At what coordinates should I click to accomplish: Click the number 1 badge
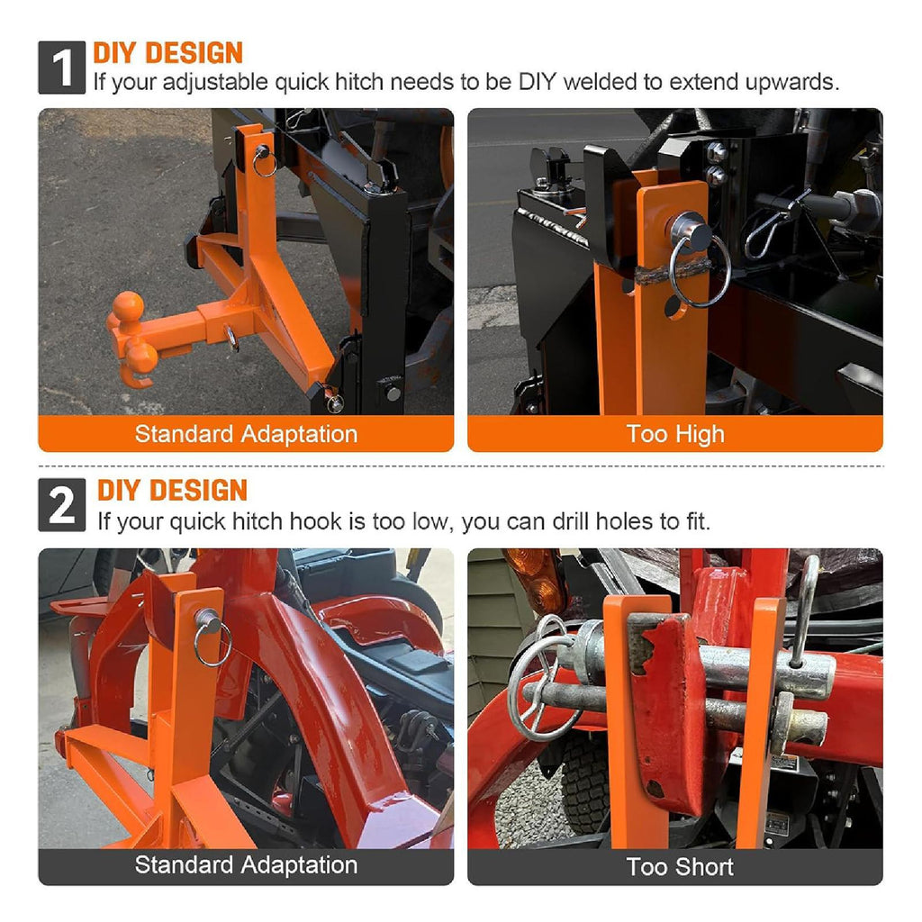62,68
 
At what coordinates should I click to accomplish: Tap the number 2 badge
62,504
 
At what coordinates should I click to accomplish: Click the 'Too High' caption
675,434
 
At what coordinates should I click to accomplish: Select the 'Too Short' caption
679,867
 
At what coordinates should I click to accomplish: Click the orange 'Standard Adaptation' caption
246,434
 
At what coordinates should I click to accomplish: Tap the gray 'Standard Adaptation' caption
246,865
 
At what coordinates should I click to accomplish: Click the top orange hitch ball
128,306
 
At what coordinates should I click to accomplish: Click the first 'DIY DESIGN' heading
168,53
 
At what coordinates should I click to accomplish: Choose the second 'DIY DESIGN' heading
172,491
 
